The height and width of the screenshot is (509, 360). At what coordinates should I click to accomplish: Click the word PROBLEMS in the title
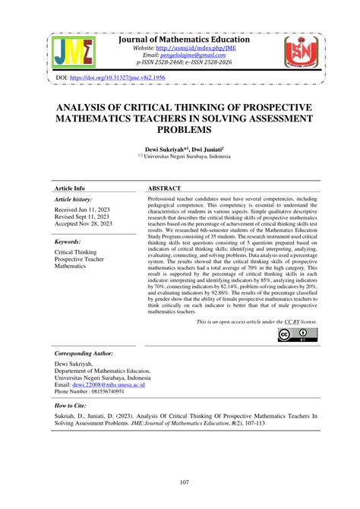[179, 131]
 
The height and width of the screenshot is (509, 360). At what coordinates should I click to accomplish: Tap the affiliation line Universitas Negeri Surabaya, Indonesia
[182, 158]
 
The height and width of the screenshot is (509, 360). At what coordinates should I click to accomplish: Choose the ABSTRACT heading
[165, 187]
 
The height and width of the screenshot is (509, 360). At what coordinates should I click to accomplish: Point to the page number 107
[179, 486]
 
